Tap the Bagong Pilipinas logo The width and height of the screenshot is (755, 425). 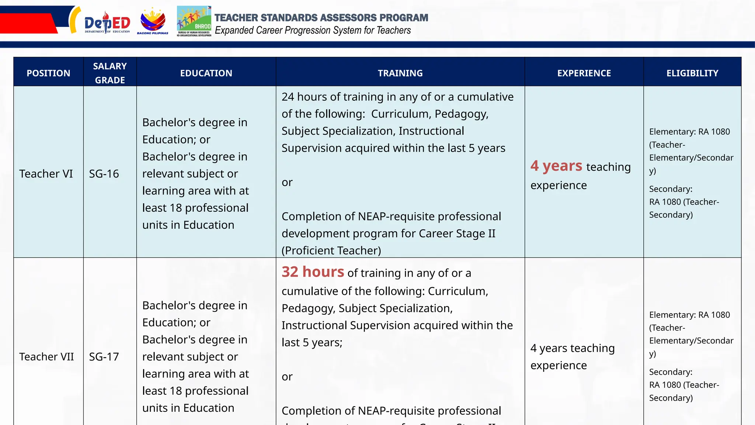[153, 21]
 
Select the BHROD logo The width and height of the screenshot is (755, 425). [194, 21]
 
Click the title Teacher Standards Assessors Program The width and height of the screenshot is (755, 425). [321, 18]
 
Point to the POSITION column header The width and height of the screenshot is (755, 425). [48, 73]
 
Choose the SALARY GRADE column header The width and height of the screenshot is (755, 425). [110, 73]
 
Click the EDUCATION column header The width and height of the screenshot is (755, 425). [206, 73]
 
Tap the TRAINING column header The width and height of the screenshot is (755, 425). [400, 73]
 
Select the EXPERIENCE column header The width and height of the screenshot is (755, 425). [584, 73]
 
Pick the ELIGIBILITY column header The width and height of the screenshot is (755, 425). [692, 73]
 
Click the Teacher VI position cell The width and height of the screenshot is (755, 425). [46, 174]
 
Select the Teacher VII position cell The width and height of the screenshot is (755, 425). [46, 357]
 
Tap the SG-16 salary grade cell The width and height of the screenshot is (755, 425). [104, 174]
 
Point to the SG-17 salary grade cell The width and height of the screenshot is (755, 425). [104, 357]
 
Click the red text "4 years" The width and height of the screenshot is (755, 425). [556, 166]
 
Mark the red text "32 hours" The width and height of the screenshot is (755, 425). [313, 272]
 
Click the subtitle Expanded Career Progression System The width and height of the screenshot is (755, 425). [313, 30]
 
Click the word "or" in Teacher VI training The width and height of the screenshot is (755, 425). [287, 182]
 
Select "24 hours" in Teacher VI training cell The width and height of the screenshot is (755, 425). [304, 97]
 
